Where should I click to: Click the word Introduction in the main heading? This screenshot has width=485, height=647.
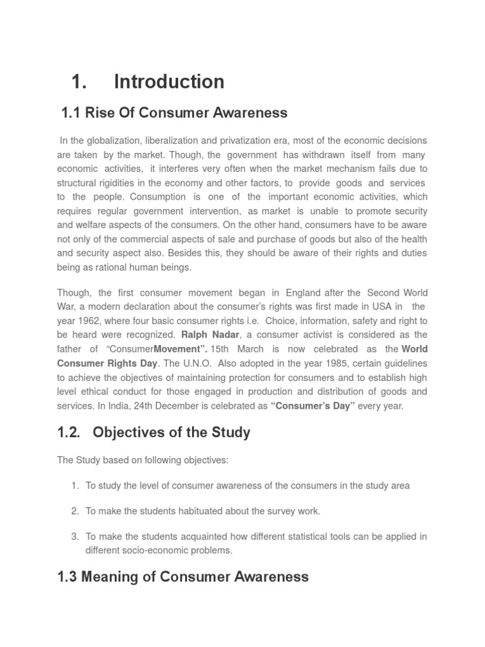[169, 82]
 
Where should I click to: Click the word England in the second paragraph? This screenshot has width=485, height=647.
[299, 293]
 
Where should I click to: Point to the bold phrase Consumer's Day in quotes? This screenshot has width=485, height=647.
[313, 406]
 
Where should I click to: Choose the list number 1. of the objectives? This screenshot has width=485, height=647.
[75, 485]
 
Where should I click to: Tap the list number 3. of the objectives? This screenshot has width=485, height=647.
[75, 536]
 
